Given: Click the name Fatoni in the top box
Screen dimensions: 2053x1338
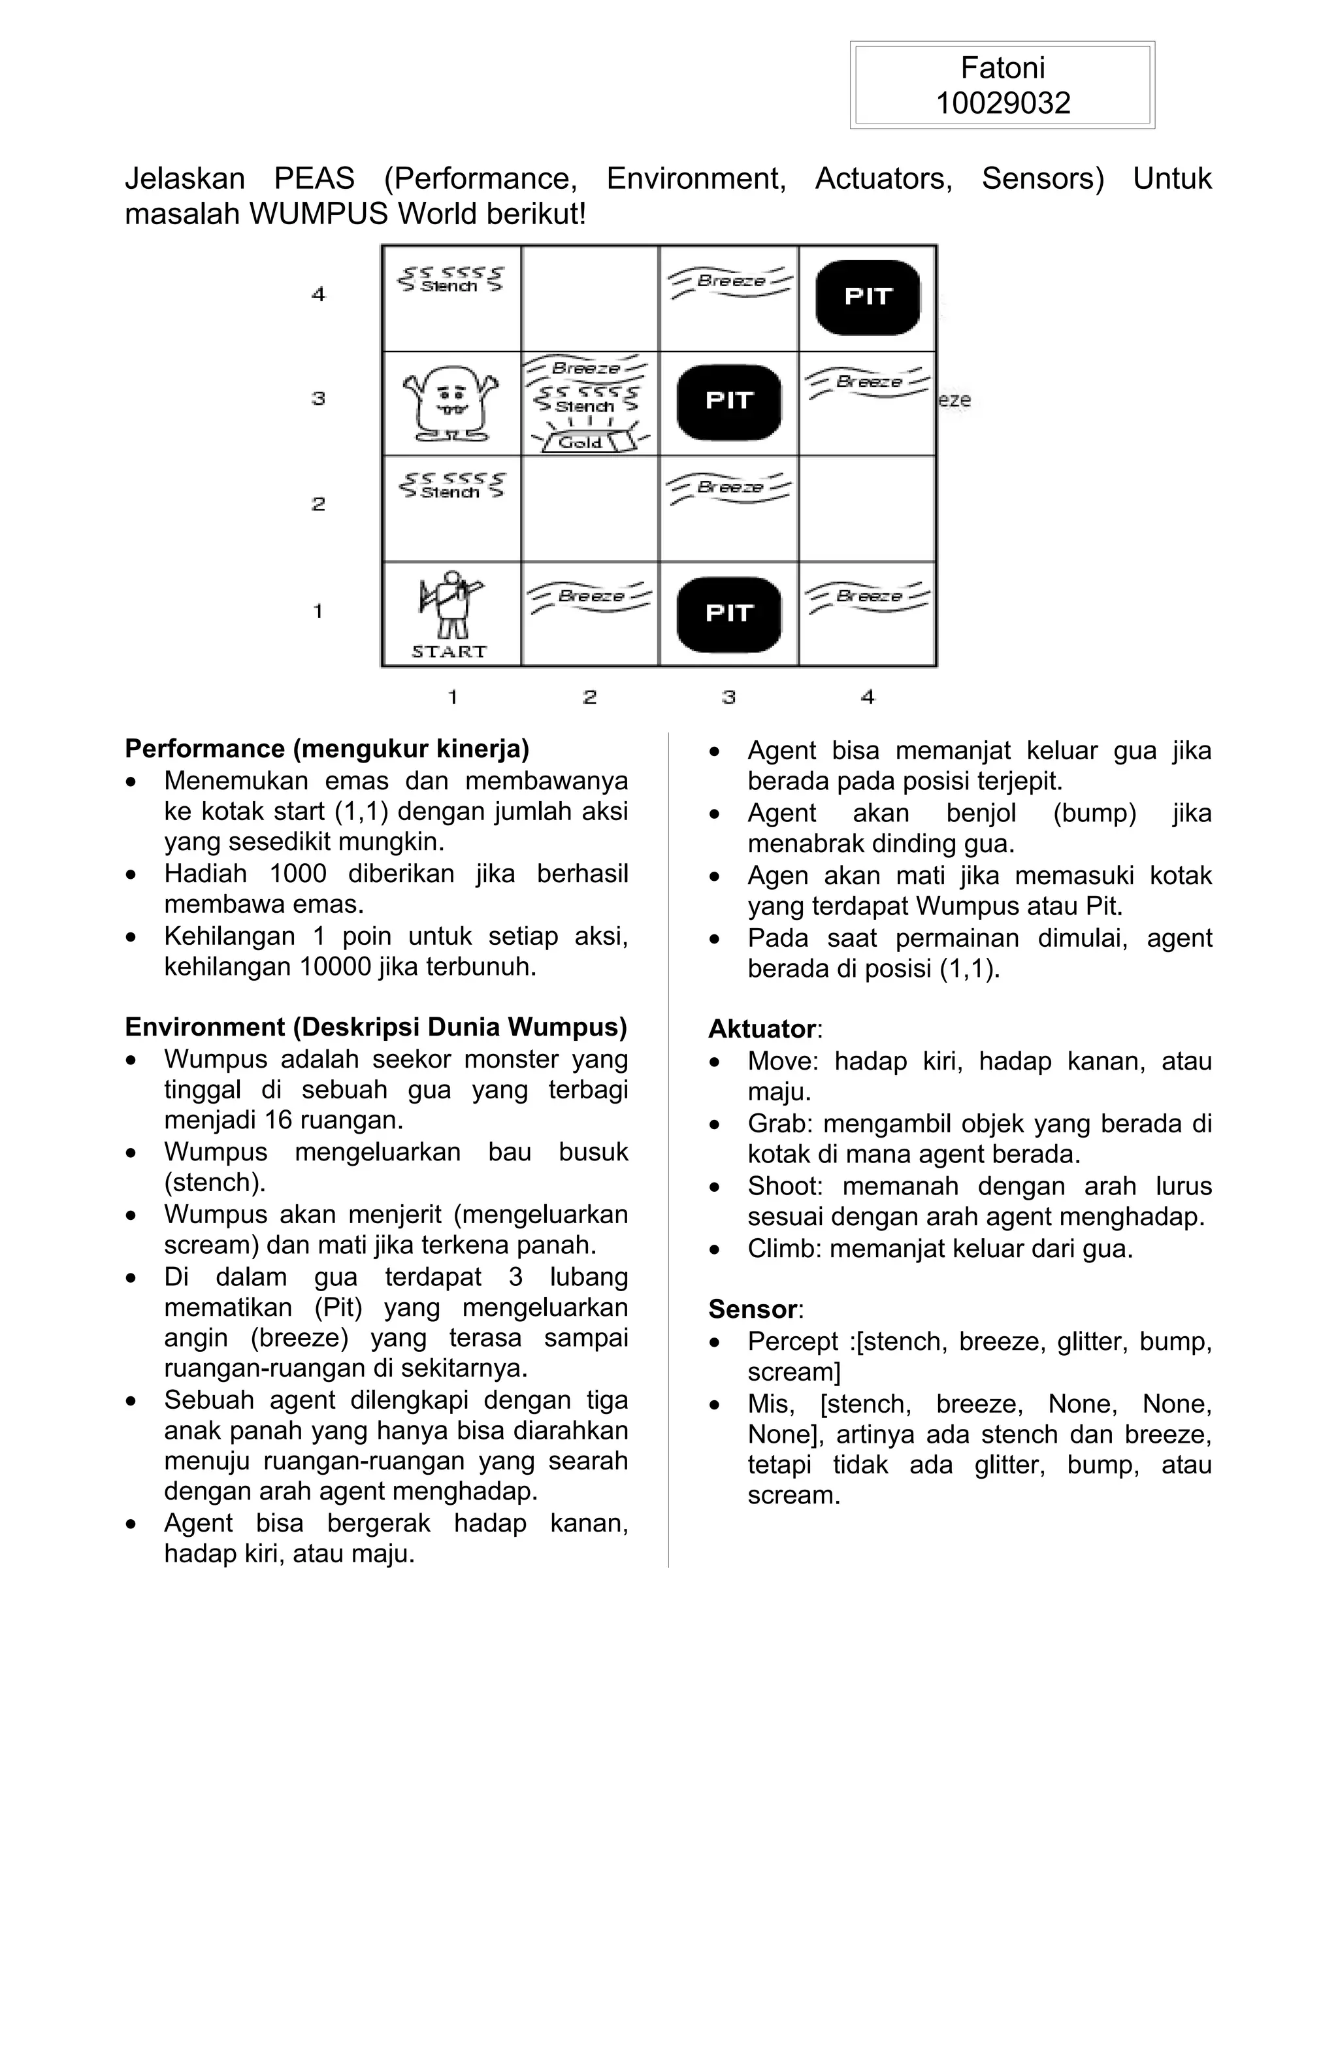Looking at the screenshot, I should (x=1002, y=68).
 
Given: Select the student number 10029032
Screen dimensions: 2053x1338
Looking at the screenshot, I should (x=1002, y=103).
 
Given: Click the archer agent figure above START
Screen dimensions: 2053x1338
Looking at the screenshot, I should (x=450, y=604).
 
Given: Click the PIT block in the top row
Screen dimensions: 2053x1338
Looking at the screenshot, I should (x=867, y=297).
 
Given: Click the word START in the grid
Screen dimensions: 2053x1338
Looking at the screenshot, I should (x=449, y=652).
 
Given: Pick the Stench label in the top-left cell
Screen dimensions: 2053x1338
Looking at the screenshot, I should (x=449, y=286).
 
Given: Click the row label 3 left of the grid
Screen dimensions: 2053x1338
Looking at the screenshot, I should (x=318, y=399).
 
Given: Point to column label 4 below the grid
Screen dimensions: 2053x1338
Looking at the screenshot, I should (x=868, y=697).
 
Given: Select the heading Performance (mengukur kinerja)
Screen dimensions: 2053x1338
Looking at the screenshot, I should (x=327, y=749).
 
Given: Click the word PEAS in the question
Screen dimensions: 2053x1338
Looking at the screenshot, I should (x=314, y=178).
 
